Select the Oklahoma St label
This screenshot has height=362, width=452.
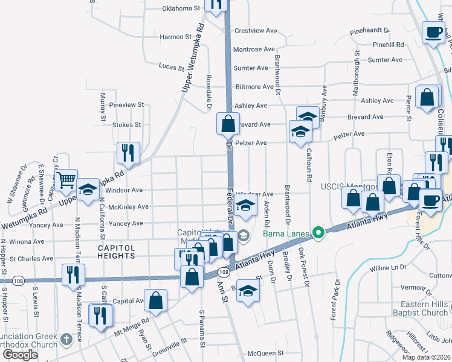click(x=181, y=8)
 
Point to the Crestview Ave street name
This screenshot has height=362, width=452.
click(x=255, y=31)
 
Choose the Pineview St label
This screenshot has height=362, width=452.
click(x=128, y=104)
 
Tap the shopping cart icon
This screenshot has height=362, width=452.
click(x=66, y=179)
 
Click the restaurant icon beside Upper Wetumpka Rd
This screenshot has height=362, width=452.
click(x=128, y=153)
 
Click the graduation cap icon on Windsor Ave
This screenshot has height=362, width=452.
click(x=245, y=206)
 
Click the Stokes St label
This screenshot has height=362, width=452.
click(x=126, y=125)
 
